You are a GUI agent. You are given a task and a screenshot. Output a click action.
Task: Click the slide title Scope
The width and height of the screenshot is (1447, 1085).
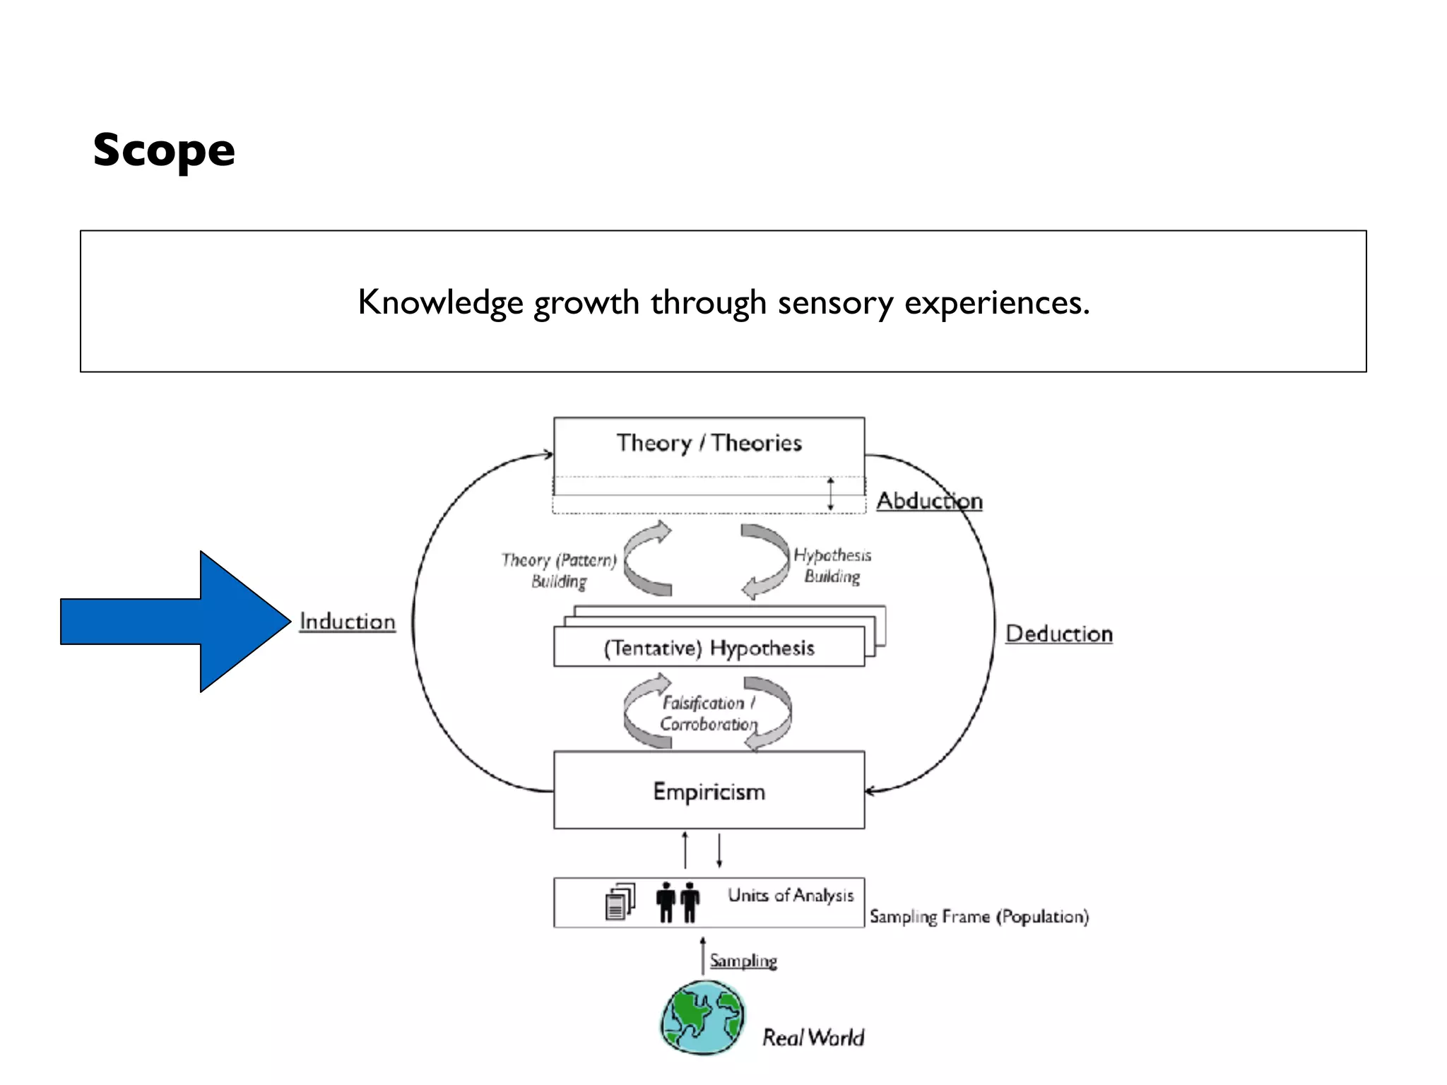point(164,150)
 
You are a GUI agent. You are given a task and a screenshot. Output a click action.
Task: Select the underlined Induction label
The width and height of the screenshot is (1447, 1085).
point(347,622)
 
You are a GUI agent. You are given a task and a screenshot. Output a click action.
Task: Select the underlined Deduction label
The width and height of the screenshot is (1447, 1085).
point(1058,634)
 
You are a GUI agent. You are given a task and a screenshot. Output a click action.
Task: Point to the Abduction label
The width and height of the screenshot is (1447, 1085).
point(929,501)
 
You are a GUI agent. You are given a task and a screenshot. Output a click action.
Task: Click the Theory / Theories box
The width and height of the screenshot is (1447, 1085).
point(709,444)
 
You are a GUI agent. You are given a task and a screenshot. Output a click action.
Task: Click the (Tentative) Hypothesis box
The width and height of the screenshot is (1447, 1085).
point(709,648)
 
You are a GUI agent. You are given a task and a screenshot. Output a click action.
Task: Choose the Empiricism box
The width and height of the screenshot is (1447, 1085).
point(709,791)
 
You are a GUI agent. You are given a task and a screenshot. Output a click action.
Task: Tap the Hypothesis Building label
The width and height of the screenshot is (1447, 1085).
point(832,566)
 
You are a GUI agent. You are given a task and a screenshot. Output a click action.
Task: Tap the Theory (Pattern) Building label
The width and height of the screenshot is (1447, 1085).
point(559,571)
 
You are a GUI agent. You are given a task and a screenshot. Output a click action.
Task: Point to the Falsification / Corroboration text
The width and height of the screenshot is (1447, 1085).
point(708,713)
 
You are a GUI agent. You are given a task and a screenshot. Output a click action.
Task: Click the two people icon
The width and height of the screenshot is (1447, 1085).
point(678,902)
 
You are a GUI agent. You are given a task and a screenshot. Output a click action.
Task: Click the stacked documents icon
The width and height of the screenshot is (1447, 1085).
point(620,902)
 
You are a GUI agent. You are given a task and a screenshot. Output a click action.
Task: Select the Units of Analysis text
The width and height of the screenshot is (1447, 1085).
point(791,896)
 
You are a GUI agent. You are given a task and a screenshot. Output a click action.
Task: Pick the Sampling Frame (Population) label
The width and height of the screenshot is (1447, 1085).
point(979,917)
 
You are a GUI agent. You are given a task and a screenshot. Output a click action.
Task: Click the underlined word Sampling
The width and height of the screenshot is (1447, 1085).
point(743,961)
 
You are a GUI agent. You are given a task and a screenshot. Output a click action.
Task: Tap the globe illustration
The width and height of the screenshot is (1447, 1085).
point(703,1018)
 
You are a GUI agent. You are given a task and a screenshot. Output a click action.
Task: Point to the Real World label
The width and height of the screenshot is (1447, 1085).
point(813,1038)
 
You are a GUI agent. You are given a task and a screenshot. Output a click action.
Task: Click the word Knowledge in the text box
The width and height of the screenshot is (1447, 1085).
point(440,303)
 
